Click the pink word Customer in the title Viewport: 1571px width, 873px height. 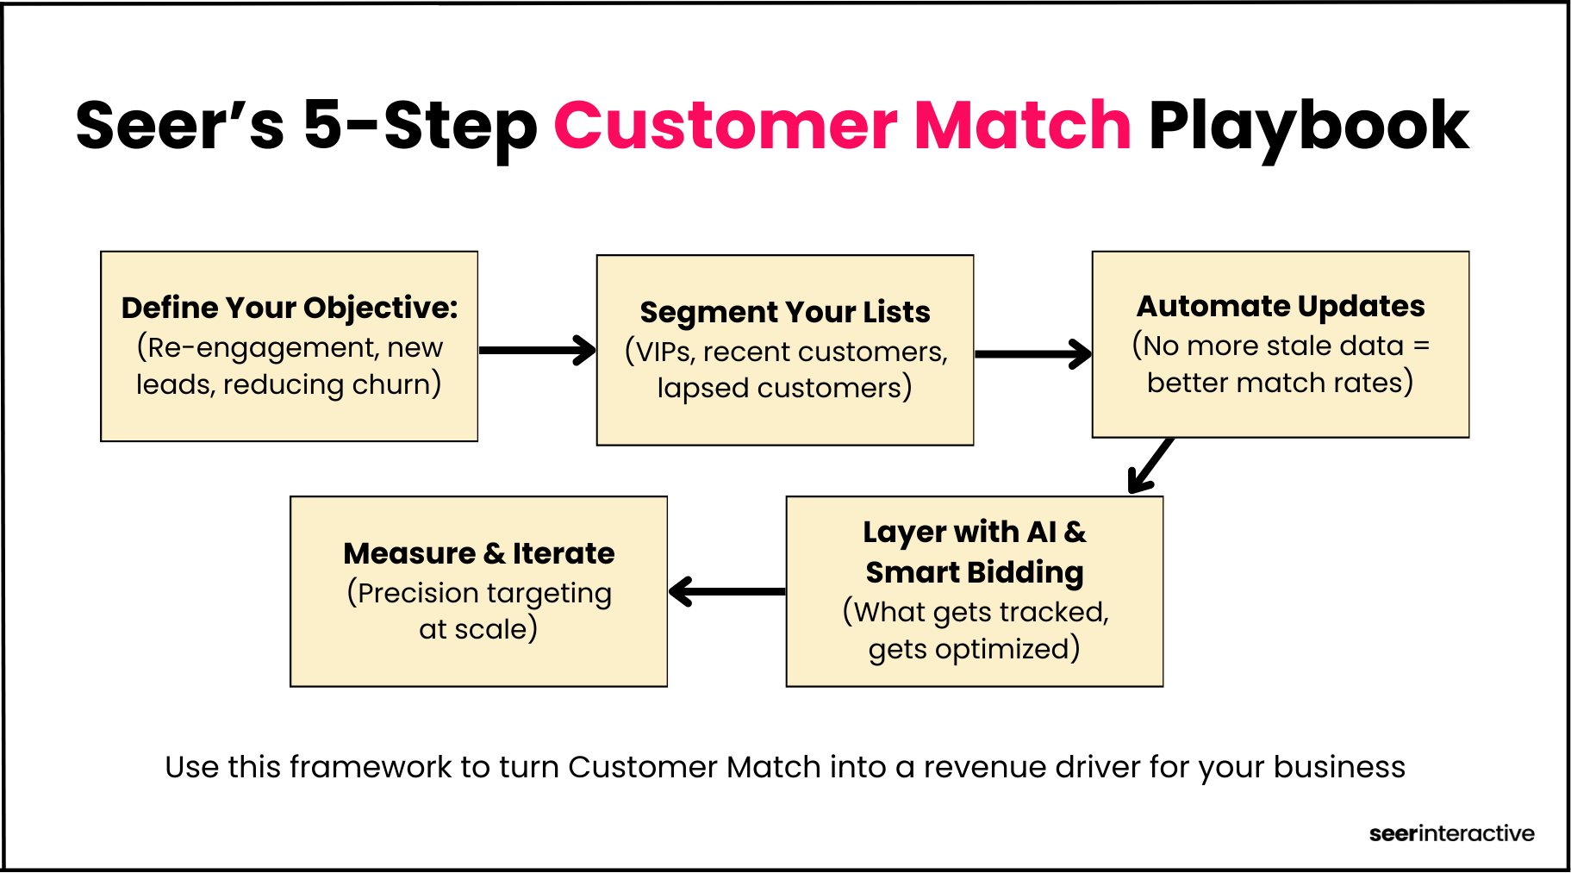coord(726,127)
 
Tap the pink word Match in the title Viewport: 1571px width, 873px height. coord(1022,127)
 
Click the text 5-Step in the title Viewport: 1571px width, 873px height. coord(420,127)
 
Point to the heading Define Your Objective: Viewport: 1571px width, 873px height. coord(290,308)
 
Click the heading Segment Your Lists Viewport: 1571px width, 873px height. coord(785,312)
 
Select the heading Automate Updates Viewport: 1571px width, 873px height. coord(1280,306)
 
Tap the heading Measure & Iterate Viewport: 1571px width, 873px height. coord(479,553)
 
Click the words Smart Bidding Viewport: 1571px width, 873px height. coord(974,572)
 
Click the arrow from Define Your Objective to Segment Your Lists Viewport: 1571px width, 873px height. coord(537,350)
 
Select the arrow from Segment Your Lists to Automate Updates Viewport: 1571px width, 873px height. coord(1032,353)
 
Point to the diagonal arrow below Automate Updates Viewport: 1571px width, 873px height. coord(1151,465)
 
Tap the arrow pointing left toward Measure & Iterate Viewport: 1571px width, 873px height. coord(726,591)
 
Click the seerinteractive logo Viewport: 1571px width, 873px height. coord(1451,833)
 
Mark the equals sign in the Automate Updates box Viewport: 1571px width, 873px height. coord(1421,346)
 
